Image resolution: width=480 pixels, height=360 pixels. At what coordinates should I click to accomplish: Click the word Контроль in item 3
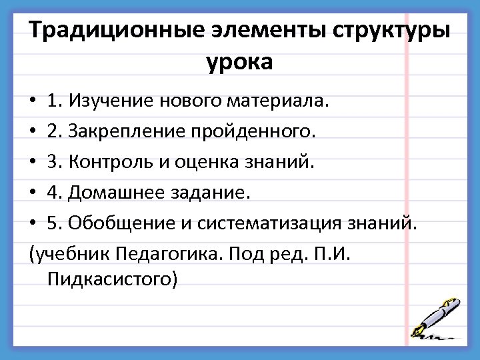113,162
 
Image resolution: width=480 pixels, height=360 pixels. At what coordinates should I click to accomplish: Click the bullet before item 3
33,162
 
